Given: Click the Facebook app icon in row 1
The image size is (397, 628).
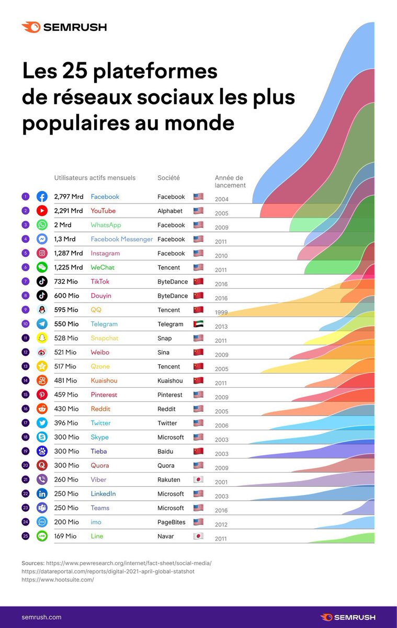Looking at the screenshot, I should coord(42,197).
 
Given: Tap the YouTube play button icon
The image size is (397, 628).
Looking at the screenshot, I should coord(42,211).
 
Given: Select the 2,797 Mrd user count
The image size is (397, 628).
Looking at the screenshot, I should coord(68,197).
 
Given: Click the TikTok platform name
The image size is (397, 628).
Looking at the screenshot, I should coord(100,282).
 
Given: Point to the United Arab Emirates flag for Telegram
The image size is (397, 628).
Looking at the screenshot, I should coord(198,324).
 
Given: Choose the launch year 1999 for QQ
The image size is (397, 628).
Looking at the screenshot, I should coord(221,312).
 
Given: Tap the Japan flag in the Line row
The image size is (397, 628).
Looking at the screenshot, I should coord(198,536).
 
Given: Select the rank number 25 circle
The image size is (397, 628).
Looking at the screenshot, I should coord(25,536).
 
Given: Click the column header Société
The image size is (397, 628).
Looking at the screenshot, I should coord(168,178).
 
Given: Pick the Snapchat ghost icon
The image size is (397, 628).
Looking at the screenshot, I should coord(42,338).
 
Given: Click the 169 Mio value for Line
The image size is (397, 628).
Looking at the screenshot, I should coord(65,536).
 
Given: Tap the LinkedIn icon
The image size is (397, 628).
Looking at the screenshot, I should coord(42,494).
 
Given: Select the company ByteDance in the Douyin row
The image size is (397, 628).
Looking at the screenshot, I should coord(173,296).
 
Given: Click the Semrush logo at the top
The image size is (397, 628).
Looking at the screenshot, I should coord(64,27).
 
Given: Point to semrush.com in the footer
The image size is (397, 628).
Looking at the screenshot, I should coord(41,617).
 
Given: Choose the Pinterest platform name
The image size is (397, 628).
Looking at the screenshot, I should coord(104,395).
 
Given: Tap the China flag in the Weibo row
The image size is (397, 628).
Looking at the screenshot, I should coord(198,352).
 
